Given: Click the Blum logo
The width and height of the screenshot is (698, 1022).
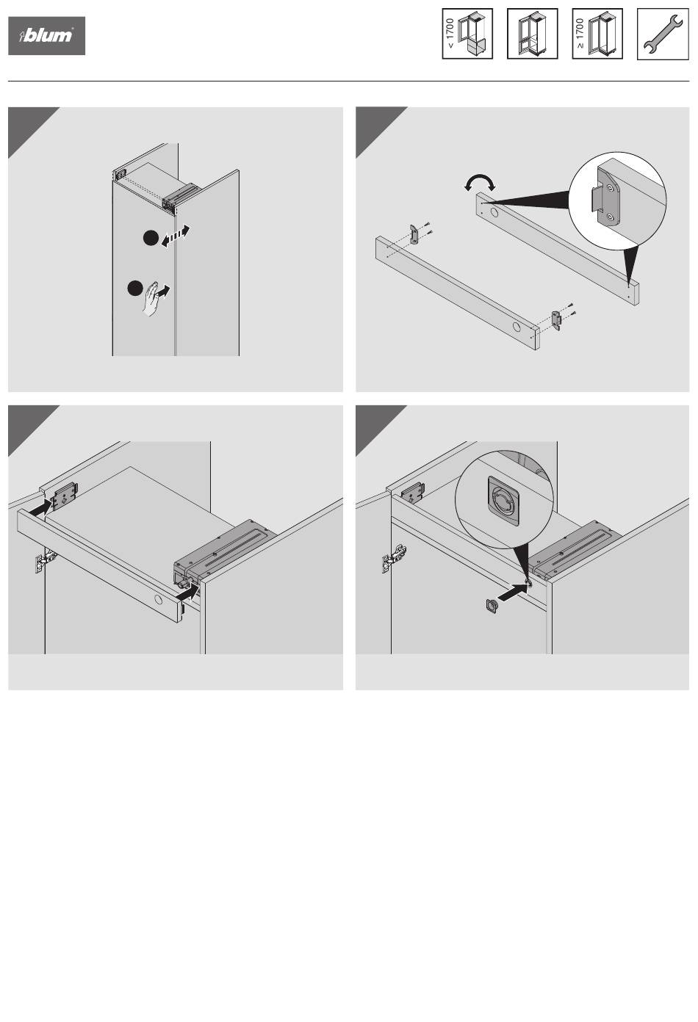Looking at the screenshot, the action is [46, 36].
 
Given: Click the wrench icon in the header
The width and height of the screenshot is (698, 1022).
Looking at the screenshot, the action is [663, 34].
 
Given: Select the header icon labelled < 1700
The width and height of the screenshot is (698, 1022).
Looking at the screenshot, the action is [467, 34].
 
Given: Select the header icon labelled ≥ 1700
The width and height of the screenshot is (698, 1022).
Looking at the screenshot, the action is [597, 34].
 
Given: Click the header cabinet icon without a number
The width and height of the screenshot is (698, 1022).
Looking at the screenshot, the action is [532, 34].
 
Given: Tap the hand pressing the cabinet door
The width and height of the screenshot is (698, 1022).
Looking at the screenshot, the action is [152, 298].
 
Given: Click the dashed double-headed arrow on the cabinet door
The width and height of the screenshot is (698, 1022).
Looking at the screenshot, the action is [176, 236].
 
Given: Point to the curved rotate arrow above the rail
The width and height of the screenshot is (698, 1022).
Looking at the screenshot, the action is [479, 181].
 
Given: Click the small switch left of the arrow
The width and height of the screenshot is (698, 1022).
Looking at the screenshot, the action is [492, 606].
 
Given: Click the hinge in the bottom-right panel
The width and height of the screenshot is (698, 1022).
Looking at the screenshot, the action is [395, 557].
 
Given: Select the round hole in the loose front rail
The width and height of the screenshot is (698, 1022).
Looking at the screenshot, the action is [517, 327].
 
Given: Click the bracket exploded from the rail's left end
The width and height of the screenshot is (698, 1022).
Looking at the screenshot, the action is [413, 234].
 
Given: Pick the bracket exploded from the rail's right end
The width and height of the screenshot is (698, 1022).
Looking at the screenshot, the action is [557, 319].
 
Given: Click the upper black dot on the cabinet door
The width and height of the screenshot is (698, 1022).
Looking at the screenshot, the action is [151, 238].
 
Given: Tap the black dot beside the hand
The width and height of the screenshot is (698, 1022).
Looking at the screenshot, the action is [134, 288].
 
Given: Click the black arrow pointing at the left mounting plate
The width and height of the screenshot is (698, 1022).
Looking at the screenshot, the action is [40, 507].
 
